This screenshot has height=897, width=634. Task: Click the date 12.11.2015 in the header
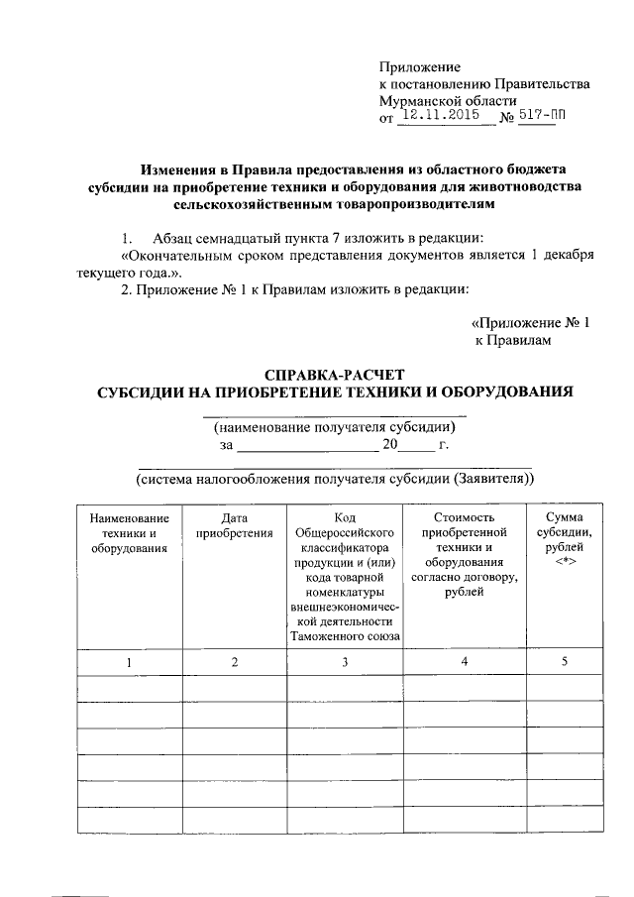click(x=445, y=117)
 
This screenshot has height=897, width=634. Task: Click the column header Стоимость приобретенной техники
click(x=464, y=554)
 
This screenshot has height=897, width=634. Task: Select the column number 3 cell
click(x=344, y=661)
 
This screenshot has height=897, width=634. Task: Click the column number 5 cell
click(x=563, y=661)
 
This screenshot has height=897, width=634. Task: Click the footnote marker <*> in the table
click(x=563, y=562)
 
